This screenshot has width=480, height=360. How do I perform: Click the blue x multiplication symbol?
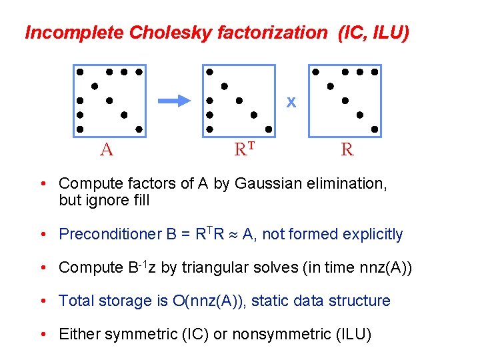point(291,102)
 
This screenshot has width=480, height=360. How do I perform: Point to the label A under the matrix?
point(106,149)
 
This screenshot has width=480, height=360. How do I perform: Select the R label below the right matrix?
point(347,149)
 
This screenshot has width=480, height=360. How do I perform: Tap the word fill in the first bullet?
point(135,200)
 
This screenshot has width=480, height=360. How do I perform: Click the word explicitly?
point(373,234)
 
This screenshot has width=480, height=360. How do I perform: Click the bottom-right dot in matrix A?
point(139,129)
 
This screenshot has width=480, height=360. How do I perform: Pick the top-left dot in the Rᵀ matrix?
point(209,71)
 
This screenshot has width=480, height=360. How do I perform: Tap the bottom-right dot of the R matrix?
point(375,129)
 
